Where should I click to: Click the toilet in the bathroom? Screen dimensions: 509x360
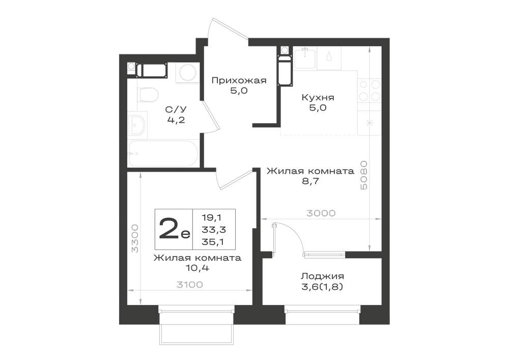[x=148, y=95]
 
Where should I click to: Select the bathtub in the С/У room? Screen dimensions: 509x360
[x=163, y=154]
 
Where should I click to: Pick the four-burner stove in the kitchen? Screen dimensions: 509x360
[x=370, y=91]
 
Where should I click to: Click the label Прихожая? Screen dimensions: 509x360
[x=239, y=80]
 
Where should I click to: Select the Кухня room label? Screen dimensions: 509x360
[x=318, y=97]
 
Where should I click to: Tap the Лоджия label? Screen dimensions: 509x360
[x=322, y=276]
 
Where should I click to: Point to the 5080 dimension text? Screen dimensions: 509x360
[x=364, y=175]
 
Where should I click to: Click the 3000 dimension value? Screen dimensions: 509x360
[x=321, y=213]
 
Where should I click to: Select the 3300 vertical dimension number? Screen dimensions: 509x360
[x=135, y=238]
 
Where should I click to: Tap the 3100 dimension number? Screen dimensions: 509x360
[x=189, y=285]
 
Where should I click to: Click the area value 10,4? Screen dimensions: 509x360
[x=197, y=268]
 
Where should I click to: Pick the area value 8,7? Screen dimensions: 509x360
[x=310, y=181]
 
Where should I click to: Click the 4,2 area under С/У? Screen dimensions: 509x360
[x=176, y=120]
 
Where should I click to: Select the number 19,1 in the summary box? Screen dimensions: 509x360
[x=213, y=217]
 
